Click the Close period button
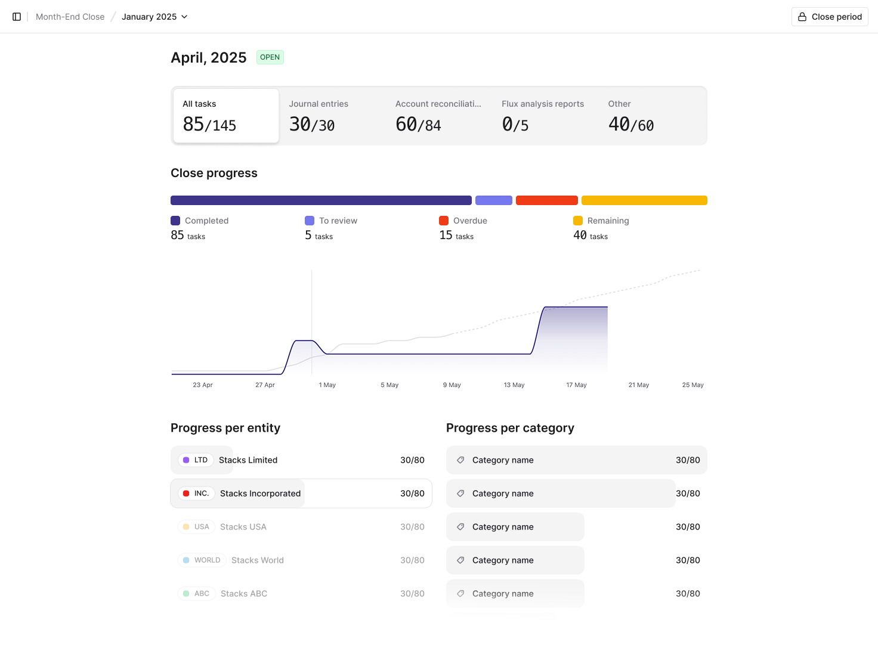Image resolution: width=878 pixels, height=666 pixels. [x=830, y=17]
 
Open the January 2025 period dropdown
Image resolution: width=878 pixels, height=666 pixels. [x=154, y=17]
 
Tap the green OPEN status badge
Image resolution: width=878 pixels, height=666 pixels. [x=270, y=57]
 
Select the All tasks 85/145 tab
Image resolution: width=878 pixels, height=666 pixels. [x=226, y=116]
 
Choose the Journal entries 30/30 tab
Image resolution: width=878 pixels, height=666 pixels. [x=332, y=116]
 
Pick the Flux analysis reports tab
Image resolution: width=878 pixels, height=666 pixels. [x=545, y=116]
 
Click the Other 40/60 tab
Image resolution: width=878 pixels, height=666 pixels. [x=651, y=116]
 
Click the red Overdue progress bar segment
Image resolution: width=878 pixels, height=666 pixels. [x=546, y=200]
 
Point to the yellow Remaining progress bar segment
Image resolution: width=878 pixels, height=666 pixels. [x=644, y=200]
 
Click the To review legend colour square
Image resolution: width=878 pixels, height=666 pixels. [x=310, y=221]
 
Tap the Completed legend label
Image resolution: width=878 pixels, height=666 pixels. [x=206, y=221]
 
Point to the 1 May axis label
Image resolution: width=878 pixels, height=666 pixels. [x=327, y=385]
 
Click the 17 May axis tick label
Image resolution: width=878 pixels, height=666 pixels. [x=576, y=385]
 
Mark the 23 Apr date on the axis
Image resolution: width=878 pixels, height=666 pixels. [x=203, y=385]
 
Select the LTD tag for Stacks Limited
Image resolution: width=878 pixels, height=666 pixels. [x=196, y=460]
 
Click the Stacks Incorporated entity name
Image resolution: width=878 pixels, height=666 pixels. [x=260, y=494]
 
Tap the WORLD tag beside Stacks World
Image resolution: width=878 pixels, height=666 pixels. [x=202, y=560]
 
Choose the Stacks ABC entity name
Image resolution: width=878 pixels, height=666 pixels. [x=244, y=594]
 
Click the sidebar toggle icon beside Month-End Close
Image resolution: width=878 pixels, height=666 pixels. [x=17, y=17]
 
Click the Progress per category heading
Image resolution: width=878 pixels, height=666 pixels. [x=510, y=428]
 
